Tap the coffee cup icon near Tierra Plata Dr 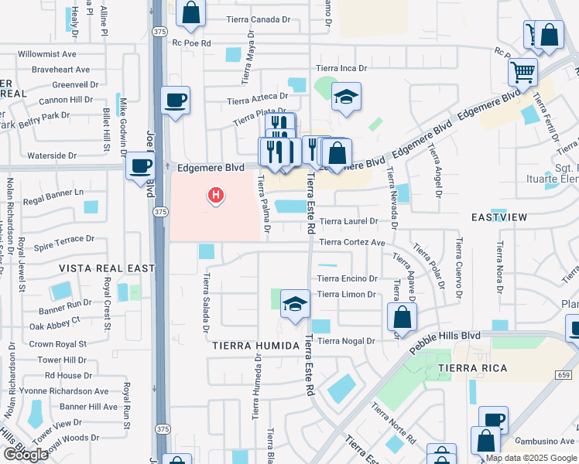[x=176, y=100]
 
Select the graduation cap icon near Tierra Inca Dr [x=346, y=97]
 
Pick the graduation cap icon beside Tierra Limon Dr [x=295, y=304]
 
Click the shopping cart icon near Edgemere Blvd [x=523, y=73]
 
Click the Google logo [x=26, y=455]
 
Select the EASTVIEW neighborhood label [x=498, y=217]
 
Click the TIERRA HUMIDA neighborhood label [x=255, y=346]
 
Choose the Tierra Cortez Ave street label [x=351, y=242]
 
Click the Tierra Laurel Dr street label [x=348, y=221]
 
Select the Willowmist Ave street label [x=47, y=55]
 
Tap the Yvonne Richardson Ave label [x=65, y=392]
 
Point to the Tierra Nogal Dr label [x=346, y=340]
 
